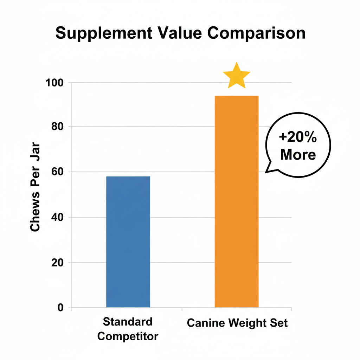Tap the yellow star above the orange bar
click(x=237, y=76)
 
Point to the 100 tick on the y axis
click(x=56, y=83)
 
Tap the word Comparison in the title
click(x=257, y=34)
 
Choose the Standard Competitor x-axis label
click(x=128, y=329)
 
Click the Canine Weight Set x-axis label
click(x=237, y=323)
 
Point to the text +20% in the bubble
click(x=298, y=138)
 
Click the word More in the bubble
click(x=298, y=155)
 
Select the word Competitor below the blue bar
click(x=128, y=336)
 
